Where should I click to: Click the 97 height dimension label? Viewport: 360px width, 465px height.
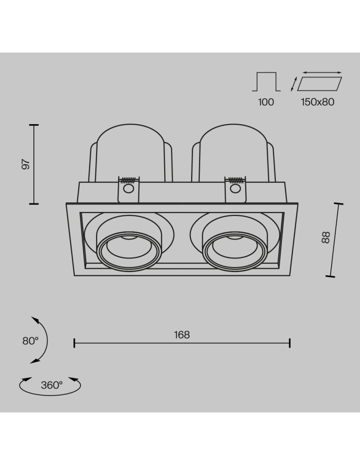coord(27,164)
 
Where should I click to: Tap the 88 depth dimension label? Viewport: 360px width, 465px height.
coord(326,238)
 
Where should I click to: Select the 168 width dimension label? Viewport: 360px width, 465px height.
coord(182,334)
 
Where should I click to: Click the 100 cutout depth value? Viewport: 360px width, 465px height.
coord(266,102)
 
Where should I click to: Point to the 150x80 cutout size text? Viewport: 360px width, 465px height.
coord(318,102)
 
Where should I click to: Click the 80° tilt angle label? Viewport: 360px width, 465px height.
coord(31,341)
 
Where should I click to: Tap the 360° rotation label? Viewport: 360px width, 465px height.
coord(52,385)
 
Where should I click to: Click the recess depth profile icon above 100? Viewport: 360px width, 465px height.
coord(267,81)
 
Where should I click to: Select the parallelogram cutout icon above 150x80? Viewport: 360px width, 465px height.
coord(320,84)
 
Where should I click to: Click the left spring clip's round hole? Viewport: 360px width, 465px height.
coord(128,188)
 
